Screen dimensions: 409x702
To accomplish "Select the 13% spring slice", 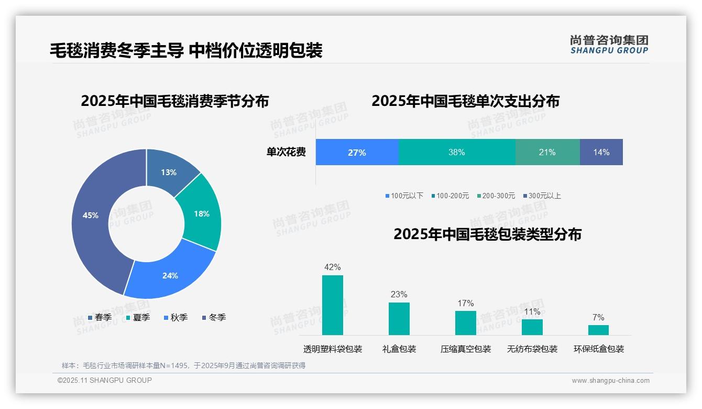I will pos(169,171).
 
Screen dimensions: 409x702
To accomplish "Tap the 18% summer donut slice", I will pos(202,213).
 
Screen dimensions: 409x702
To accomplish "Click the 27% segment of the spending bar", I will pos(357,153).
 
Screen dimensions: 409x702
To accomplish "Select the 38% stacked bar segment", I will pos(457,153).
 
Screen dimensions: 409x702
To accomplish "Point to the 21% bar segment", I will pos(547,153).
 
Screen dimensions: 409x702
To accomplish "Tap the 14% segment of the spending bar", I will pos(601,153).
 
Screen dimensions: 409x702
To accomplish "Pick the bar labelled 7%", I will pos(598,330).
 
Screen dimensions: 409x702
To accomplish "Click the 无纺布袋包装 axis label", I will pos(532,349).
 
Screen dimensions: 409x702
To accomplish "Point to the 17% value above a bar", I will pos(465,303).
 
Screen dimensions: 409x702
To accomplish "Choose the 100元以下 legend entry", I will pos(404,196).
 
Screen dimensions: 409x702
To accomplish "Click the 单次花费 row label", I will pos(286,153).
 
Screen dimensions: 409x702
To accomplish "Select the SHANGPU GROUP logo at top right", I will pos(609,45).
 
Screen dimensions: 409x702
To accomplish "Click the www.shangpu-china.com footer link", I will pos(610,381).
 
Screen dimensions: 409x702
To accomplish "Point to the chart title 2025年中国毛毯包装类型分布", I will pos(487,234).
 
